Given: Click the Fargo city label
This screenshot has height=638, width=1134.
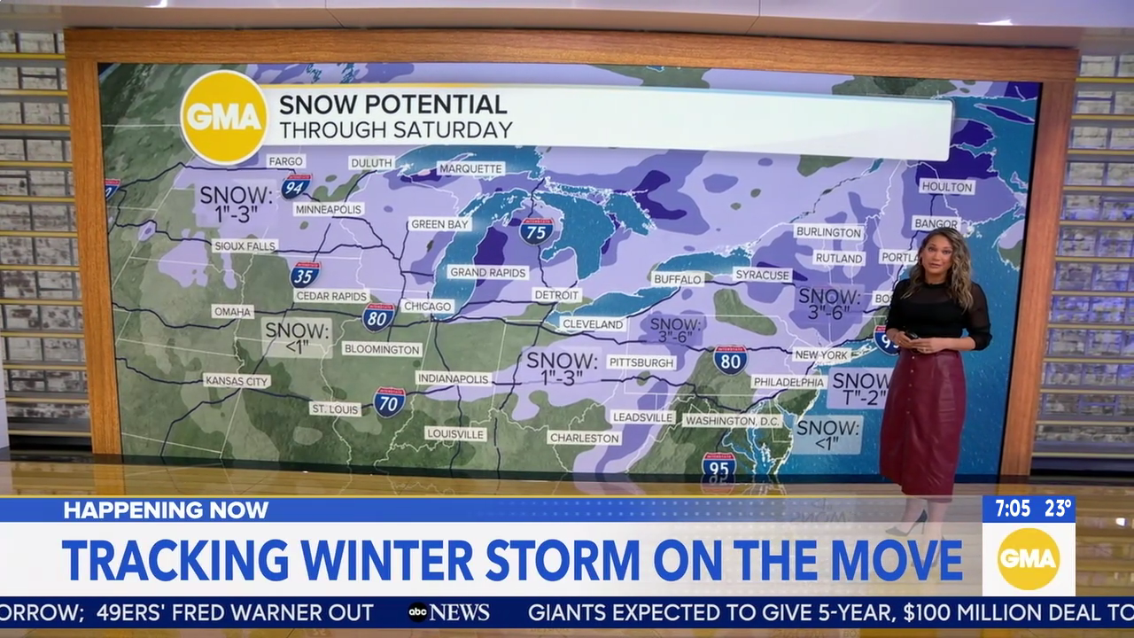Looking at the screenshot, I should click(286, 161).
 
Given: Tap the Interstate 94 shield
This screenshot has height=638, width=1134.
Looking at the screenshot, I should click(296, 185).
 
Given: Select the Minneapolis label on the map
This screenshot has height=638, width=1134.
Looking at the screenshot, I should click(329, 209).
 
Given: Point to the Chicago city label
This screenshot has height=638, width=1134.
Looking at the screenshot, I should click(427, 306).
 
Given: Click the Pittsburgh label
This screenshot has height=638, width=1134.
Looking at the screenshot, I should click(642, 362).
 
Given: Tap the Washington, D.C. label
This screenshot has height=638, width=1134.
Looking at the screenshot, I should click(733, 421).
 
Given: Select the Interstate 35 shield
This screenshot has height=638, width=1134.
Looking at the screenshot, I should click(305, 273).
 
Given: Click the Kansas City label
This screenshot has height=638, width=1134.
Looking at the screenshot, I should click(237, 381).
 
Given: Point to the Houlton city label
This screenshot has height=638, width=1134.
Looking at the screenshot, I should click(946, 187).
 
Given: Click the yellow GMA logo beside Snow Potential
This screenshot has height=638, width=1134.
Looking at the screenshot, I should click(224, 117).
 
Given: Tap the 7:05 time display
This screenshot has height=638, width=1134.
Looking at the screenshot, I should click(1012, 509).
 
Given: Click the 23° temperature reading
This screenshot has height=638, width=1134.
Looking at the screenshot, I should click(1058, 509).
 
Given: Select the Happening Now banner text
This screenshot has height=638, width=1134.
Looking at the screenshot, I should click(166, 510).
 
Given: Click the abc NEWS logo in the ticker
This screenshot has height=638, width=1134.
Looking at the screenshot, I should click(448, 612).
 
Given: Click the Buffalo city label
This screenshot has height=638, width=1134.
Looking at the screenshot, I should click(678, 279).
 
